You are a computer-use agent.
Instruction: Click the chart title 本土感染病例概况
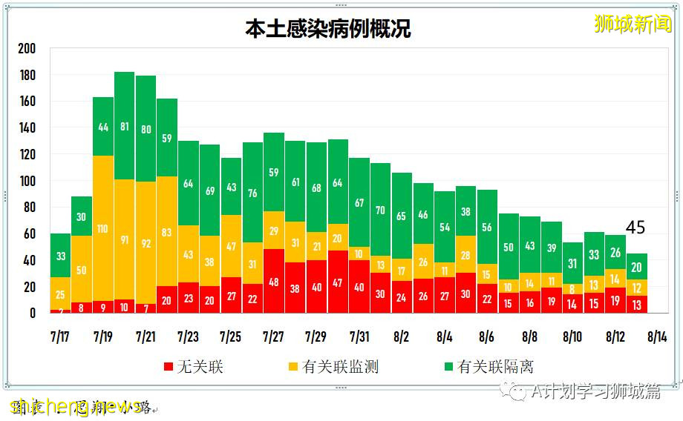tap(327, 28)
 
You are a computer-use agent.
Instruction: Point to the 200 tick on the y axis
tap(27, 49)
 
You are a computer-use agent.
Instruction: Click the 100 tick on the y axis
tap(27, 181)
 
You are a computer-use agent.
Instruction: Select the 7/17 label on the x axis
tap(61, 337)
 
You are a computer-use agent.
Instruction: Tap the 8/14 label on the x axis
tap(659, 337)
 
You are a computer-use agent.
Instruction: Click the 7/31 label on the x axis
tap(360, 337)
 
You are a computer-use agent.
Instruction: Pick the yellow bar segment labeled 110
tap(103, 228)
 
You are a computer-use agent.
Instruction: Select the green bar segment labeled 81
tap(125, 126)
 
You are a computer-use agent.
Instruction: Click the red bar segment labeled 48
tap(274, 282)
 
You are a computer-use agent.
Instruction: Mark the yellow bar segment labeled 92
tap(146, 242)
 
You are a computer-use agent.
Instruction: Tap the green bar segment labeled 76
tap(252, 193)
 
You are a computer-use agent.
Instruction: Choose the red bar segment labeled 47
tap(339, 282)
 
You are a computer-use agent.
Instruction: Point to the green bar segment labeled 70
tap(381, 210)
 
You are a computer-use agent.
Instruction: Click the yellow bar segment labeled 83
tap(167, 232)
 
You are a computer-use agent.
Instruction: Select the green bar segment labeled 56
tap(487, 228)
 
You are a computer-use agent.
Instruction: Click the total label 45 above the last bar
tap(635, 228)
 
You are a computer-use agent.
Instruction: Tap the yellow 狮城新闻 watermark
tap(633, 24)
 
